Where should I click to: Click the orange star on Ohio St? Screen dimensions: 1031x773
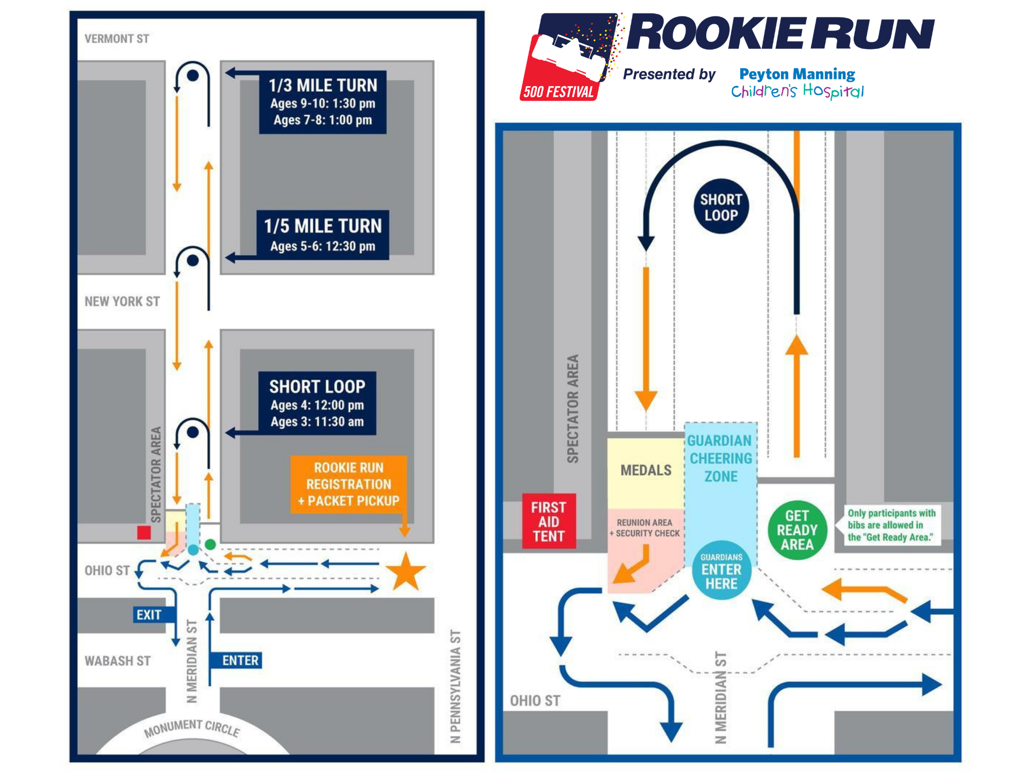click(x=406, y=572)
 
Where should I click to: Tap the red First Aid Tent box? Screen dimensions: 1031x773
click(x=549, y=522)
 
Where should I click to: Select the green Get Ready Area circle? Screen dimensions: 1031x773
click(x=797, y=530)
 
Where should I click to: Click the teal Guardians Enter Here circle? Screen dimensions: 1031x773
click(x=721, y=570)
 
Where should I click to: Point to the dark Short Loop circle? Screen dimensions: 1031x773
click(x=721, y=207)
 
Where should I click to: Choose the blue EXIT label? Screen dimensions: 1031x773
click(x=149, y=614)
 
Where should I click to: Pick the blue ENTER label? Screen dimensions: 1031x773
click(x=240, y=660)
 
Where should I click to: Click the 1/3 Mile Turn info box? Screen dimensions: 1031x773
click(x=323, y=102)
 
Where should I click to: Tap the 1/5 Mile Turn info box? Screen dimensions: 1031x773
click(x=323, y=235)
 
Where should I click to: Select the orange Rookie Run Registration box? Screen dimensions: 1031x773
click(x=349, y=484)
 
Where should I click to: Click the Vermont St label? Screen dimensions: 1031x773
click(x=117, y=39)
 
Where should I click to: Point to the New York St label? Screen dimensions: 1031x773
click(x=122, y=301)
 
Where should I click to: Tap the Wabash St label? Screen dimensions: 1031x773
click(x=118, y=661)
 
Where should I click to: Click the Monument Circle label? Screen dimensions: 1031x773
click(x=192, y=728)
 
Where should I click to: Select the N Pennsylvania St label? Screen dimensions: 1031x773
click(x=455, y=686)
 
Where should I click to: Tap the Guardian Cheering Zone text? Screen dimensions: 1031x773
click(x=720, y=458)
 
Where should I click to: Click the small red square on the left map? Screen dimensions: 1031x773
click(x=144, y=532)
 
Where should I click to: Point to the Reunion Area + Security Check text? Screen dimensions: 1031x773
click(x=645, y=528)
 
